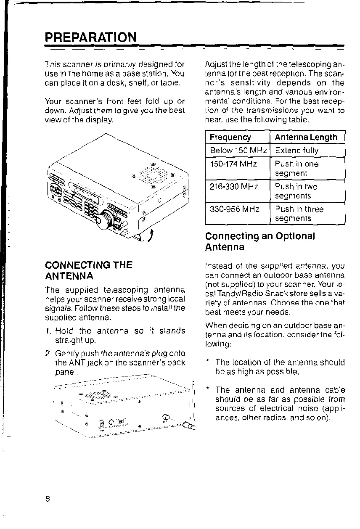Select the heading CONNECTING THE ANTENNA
pyautogui.click(x=88, y=270)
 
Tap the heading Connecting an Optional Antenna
pyautogui.click(x=260, y=241)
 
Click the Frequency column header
pyautogui.click(x=230, y=137)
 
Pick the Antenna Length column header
pyautogui.click(x=306, y=137)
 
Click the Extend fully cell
pyautogui.click(x=296, y=150)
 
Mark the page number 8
pyautogui.click(x=48, y=499)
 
